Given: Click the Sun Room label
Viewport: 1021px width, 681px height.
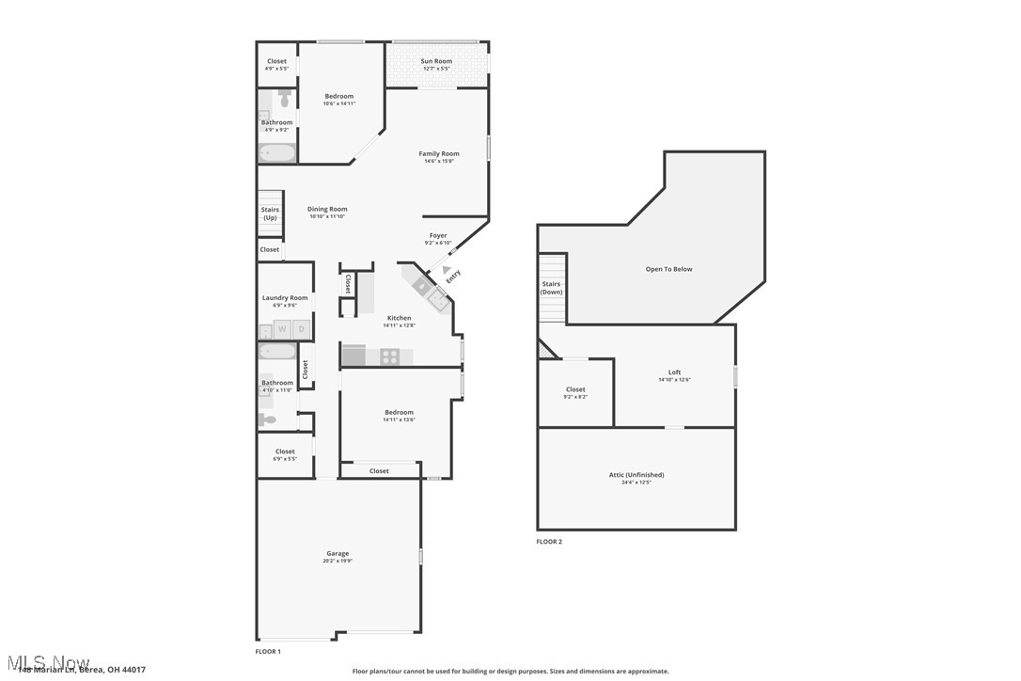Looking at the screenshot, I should pos(437,61).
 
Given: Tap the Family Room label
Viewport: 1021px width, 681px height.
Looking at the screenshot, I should pos(439,154).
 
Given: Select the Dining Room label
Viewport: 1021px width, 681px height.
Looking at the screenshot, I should pos(328,210).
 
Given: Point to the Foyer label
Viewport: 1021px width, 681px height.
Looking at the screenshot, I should pos(438,236).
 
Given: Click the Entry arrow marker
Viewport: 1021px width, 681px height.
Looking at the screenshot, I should pos(446,271).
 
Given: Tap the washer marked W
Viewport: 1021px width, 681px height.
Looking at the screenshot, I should pos(281,329).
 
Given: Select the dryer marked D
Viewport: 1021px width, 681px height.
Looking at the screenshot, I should pos(301,329).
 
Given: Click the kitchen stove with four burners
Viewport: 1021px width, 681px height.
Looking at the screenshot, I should pos(390,356).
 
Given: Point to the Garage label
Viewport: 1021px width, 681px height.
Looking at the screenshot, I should pos(338,554).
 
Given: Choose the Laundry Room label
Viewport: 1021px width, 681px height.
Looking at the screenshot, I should pos(285,298).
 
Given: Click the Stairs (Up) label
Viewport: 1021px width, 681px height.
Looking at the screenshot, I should pos(270,214).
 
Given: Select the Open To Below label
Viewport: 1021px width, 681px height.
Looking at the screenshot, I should pos(668,269).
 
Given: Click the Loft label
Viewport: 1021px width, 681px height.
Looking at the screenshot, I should pos(674,372).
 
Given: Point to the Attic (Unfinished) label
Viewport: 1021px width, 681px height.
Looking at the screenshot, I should pos(636,475).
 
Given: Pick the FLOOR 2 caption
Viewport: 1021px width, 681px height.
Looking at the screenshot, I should pos(549,542).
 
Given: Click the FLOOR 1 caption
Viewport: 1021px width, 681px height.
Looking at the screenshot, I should pos(268,651).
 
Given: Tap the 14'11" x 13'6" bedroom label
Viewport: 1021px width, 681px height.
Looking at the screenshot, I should pos(399,413).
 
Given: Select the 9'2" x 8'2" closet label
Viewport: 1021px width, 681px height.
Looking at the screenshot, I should pos(575,389).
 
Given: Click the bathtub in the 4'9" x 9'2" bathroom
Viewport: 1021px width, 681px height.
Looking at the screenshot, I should pos(277,152).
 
